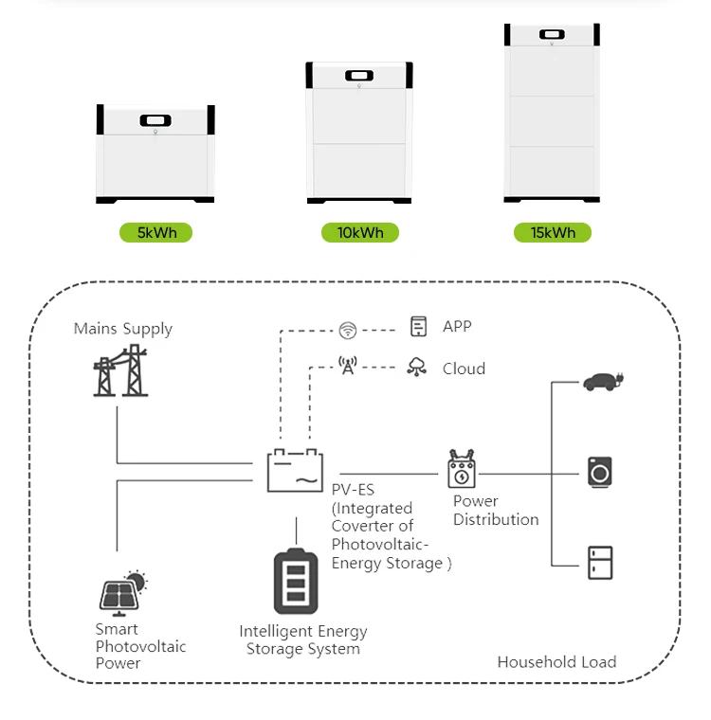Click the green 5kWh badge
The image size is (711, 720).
(x=155, y=232)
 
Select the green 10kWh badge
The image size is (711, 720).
(x=359, y=232)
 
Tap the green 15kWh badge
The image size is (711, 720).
(x=552, y=232)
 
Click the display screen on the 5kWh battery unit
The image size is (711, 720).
(x=155, y=121)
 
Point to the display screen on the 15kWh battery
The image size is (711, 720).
(x=552, y=35)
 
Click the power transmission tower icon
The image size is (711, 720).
(x=121, y=370)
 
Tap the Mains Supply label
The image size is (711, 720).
(x=123, y=329)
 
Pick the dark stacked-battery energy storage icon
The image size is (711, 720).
(x=296, y=581)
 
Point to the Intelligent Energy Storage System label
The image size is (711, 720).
(x=302, y=639)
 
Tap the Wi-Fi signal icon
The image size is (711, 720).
(x=348, y=330)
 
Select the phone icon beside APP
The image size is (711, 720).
(x=417, y=327)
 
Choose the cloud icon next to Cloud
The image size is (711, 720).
(x=416, y=368)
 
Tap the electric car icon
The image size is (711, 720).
(x=602, y=382)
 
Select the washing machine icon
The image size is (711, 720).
(x=599, y=471)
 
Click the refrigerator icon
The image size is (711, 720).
(x=599, y=562)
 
